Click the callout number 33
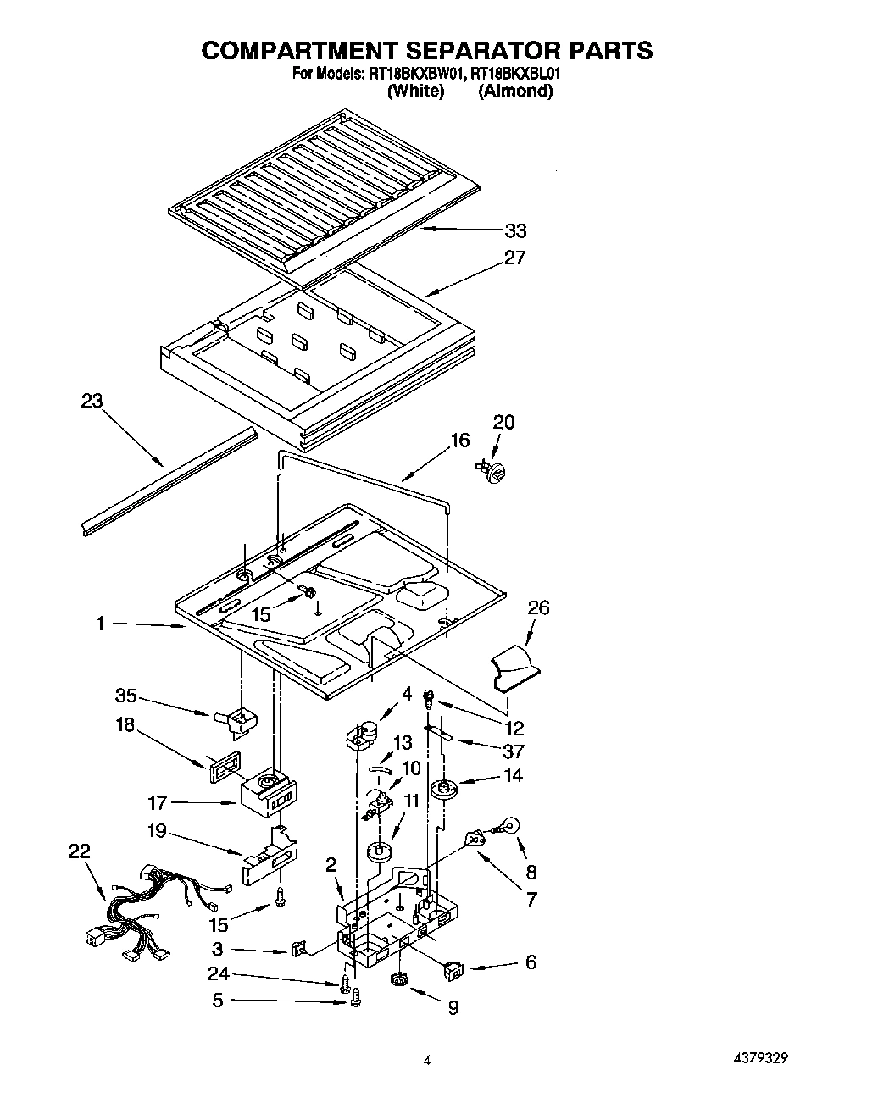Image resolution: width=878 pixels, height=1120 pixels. pyautogui.click(x=515, y=230)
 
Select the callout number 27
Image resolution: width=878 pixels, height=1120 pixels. pyautogui.click(x=515, y=258)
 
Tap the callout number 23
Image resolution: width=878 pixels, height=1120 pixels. pyautogui.click(x=92, y=401)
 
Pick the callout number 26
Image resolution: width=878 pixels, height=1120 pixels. pyautogui.click(x=538, y=607)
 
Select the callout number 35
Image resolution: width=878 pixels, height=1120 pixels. pyautogui.click(x=125, y=696)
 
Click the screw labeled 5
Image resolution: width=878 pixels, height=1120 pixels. pyautogui.click(x=355, y=1000)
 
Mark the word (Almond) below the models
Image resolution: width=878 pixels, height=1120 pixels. pyautogui.click(x=515, y=91)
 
